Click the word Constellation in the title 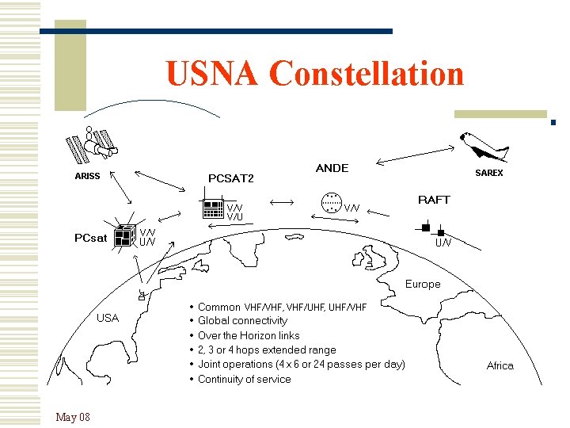coord(367,74)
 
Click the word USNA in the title coord(213,74)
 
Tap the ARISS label coord(87,176)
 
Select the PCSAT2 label coord(230,178)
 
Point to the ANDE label coord(332,168)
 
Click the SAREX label coord(488,173)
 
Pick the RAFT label coord(433,200)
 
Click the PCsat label coord(90,237)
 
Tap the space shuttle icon coord(484,147)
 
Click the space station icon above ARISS coord(92,144)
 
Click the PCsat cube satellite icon coord(123,235)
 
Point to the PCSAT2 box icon coord(212,208)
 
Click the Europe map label coord(423,284)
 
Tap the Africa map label coord(500,365)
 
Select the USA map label coord(107,318)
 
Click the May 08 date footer coord(73,417)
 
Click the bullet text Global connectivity coord(242,321)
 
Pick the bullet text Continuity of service coord(244,380)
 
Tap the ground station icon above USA coord(142,295)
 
